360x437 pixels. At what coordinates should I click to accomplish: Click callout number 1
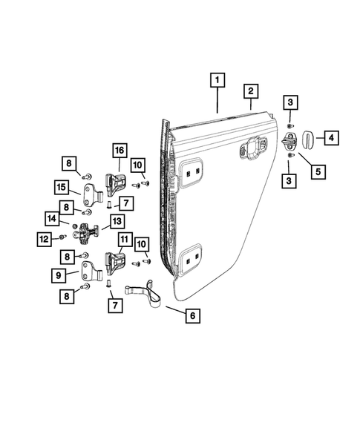click(x=217, y=79)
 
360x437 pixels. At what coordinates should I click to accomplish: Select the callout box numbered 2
click(x=252, y=91)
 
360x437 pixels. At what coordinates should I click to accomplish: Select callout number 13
click(x=116, y=221)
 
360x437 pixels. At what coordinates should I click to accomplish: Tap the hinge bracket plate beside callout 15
click(x=91, y=197)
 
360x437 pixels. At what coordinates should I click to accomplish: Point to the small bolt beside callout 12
click(x=63, y=237)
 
